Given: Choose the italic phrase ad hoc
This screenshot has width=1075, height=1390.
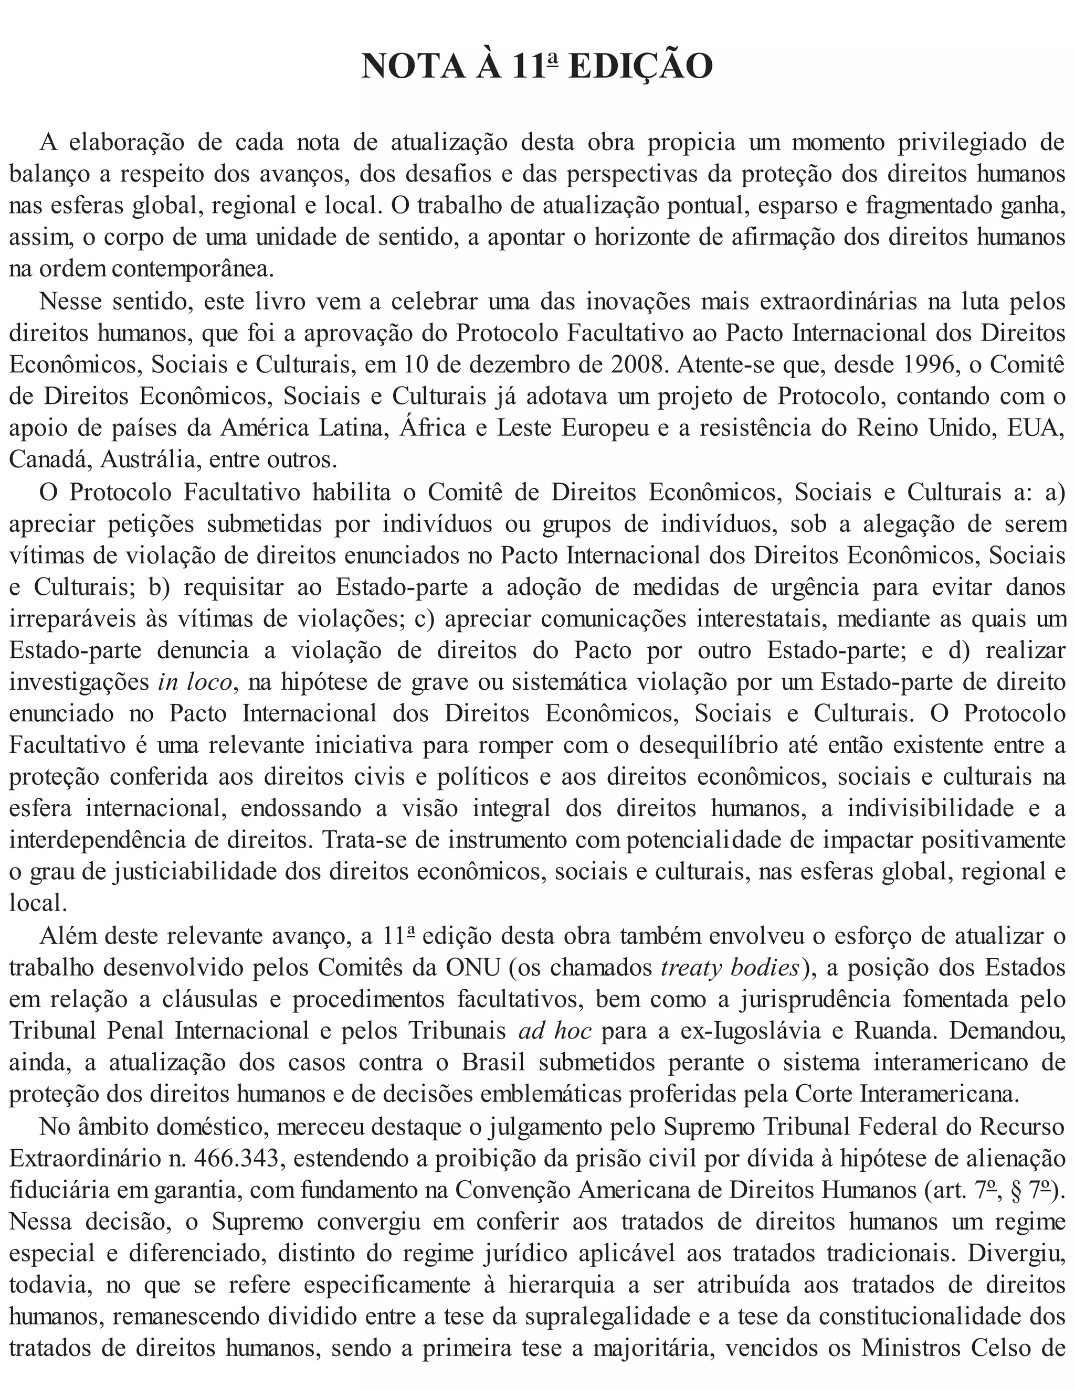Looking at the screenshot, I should pyautogui.click(x=555, y=1031).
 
